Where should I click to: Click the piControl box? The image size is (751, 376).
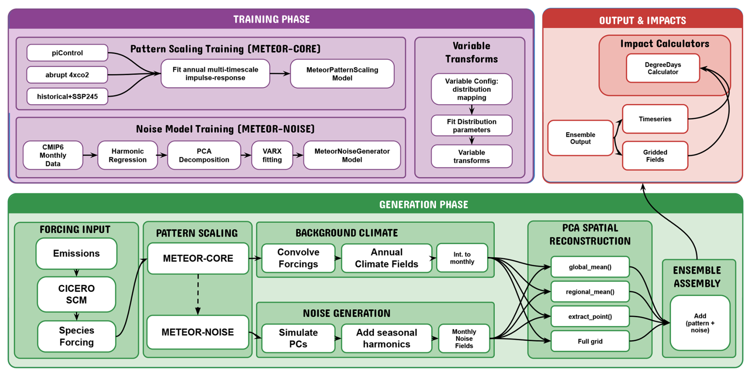[67, 53]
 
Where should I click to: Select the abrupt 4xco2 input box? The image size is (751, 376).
[67, 75]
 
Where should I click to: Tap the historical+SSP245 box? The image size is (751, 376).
[67, 97]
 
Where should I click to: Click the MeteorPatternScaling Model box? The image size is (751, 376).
[342, 74]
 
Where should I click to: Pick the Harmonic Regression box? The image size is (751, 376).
[127, 155]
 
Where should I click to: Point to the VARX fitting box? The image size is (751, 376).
[272, 155]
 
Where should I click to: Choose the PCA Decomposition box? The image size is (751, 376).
[204, 155]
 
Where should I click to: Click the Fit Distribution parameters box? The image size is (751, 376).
[472, 126]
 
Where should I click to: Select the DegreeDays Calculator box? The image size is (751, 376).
[663, 68]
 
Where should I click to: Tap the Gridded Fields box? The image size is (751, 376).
[655, 156]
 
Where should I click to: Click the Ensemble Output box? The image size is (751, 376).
[580, 138]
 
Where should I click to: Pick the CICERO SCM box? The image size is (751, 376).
[76, 295]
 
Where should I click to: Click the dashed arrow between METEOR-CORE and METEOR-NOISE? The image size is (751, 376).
[198, 294]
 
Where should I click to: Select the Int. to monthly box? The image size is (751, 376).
[462, 258]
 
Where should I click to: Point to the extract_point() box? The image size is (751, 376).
[590, 317]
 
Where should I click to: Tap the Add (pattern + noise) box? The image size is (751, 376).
[700, 323]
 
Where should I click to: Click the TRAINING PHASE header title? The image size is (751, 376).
[272, 19]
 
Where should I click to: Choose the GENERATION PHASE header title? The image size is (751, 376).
[424, 205]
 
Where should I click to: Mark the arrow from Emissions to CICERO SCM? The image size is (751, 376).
[77, 273]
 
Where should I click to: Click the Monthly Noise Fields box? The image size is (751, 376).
[464, 339]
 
